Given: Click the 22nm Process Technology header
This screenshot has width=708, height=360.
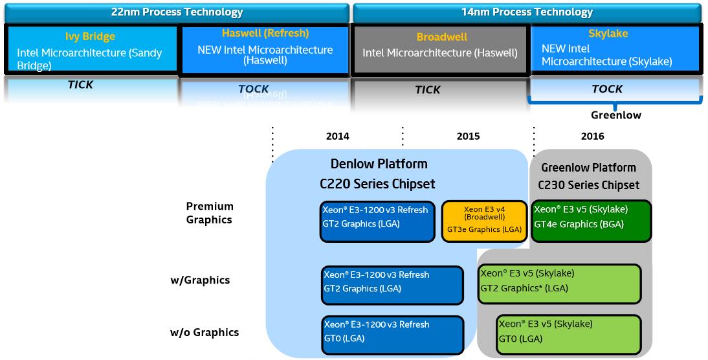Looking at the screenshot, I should pyautogui.click(x=176, y=12).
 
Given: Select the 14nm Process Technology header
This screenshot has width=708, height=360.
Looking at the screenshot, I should pyautogui.click(x=526, y=12).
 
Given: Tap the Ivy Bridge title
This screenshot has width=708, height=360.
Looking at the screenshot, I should pyautogui.click(x=90, y=37).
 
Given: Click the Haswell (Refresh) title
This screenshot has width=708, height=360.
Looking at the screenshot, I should pyautogui.click(x=265, y=33).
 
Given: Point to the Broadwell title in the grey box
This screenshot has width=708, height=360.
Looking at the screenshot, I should pyautogui.click(x=442, y=37).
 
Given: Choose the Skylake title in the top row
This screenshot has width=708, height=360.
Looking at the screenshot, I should pyautogui.click(x=608, y=34).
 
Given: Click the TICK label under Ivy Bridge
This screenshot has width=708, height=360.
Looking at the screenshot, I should pyautogui.click(x=80, y=85).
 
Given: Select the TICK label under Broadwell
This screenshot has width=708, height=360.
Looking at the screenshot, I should pyautogui.click(x=428, y=90).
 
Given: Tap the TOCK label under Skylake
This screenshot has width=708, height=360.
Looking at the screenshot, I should pyautogui.click(x=607, y=89).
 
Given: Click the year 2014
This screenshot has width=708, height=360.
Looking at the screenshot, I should pyautogui.click(x=338, y=136).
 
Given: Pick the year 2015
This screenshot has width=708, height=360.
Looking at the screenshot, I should pyautogui.click(x=468, y=136).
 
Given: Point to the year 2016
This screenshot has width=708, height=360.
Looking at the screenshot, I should pyautogui.click(x=592, y=136).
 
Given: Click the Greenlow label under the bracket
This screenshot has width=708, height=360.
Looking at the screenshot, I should pyautogui.click(x=615, y=115).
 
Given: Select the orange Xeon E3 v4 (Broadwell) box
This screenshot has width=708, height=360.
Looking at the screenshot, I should pyautogui.click(x=484, y=221).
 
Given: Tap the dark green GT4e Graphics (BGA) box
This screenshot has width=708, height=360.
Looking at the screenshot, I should pyautogui.click(x=590, y=221).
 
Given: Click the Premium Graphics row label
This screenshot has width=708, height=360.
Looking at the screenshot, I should pyautogui.click(x=210, y=213).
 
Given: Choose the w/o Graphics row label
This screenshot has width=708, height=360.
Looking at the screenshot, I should pyautogui.click(x=205, y=332).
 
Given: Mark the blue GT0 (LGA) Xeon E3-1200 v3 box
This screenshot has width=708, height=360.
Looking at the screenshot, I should pyautogui.click(x=393, y=334).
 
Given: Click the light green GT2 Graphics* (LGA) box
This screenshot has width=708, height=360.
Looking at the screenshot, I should pyautogui.click(x=559, y=284).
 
